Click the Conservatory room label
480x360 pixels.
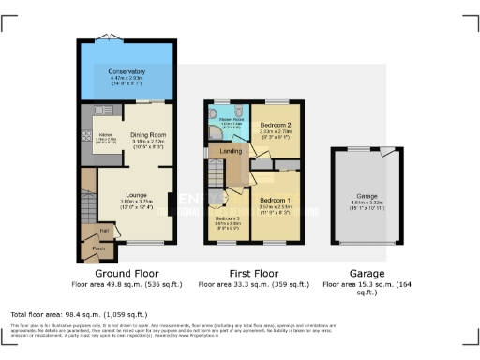point(126,72)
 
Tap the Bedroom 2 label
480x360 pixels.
point(274,125)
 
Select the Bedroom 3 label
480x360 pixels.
point(229,217)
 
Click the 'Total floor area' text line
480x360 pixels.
point(70,312)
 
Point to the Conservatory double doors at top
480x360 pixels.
point(126,40)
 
